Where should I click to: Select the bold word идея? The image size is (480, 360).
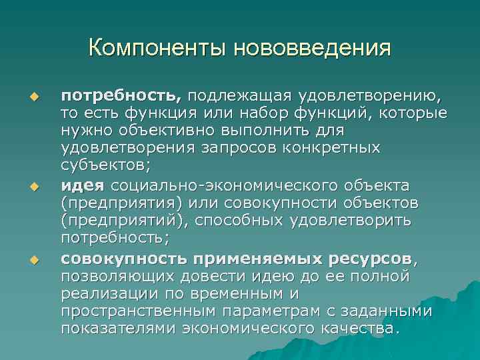[84, 185]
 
